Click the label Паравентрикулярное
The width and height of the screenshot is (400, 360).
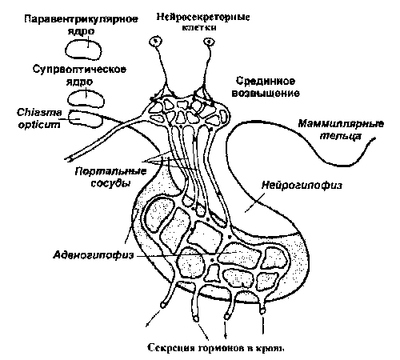pyautogui.click(x=81, y=19)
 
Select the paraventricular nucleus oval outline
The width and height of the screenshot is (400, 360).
pyautogui.click(x=66, y=50)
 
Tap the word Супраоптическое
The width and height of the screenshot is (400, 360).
pyautogui.click(x=79, y=70)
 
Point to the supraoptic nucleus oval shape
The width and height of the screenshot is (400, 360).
pyautogui.click(x=68, y=99)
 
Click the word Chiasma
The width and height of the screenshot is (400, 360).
pyautogui.click(x=39, y=113)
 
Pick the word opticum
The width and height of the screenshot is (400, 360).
pyautogui.click(x=39, y=124)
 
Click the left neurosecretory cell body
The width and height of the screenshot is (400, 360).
pyautogui.click(x=156, y=42)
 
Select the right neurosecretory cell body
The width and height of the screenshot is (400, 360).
pyautogui.click(x=210, y=42)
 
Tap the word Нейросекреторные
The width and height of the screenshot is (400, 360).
pyautogui.click(x=203, y=17)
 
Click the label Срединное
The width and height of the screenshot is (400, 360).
pyautogui.click(x=266, y=81)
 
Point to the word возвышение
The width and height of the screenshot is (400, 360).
pyautogui.click(x=266, y=93)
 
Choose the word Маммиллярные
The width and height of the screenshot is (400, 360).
pyautogui.click(x=341, y=124)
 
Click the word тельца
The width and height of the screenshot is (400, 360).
pyautogui.click(x=340, y=136)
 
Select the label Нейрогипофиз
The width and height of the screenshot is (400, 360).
pyautogui.click(x=302, y=185)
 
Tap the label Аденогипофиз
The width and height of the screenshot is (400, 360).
pyautogui.click(x=94, y=255)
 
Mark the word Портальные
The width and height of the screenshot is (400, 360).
pyautogui.click(x=110, y=171)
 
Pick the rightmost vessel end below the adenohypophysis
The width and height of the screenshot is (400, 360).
pyautogui.click(x=262, y=311)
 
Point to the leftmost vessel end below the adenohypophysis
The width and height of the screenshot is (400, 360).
pyautogui.click(x=162, y=305)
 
